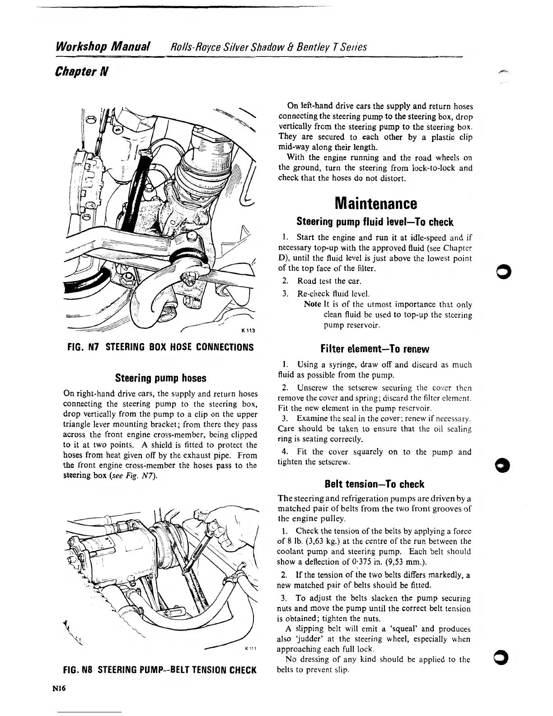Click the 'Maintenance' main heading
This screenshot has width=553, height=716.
pos(375,203)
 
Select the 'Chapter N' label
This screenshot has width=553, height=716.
pos(80,71)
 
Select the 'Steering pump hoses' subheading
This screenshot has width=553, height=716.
pos(161,378)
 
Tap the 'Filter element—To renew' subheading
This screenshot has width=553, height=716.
pos(375,349)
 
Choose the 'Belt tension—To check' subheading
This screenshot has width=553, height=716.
pos(375,484)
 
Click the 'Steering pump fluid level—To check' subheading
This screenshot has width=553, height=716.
pos(375,222)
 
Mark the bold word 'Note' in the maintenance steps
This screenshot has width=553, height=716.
pos(313,305)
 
